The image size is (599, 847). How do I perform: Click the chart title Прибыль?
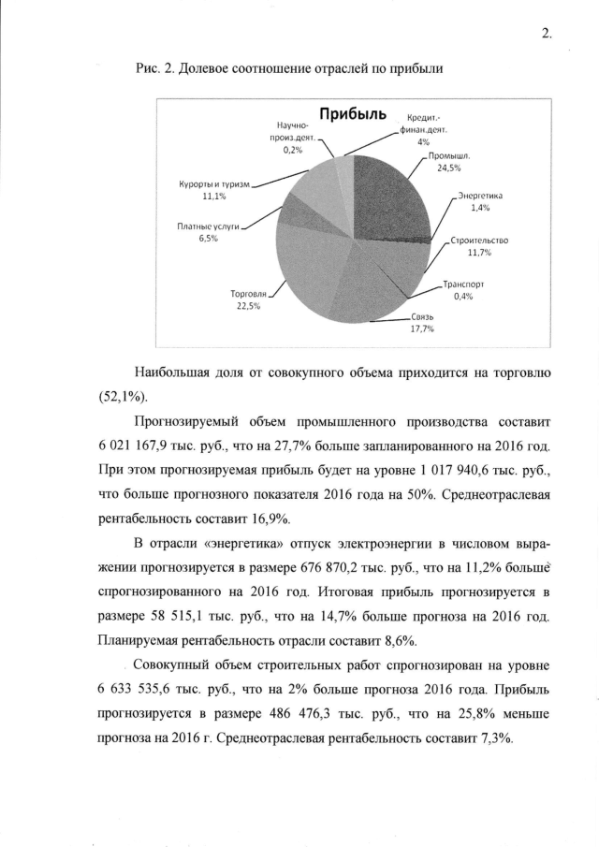[352, 114]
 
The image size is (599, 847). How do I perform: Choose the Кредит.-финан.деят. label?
[423, 125]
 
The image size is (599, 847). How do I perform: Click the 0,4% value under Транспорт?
[462, 297]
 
